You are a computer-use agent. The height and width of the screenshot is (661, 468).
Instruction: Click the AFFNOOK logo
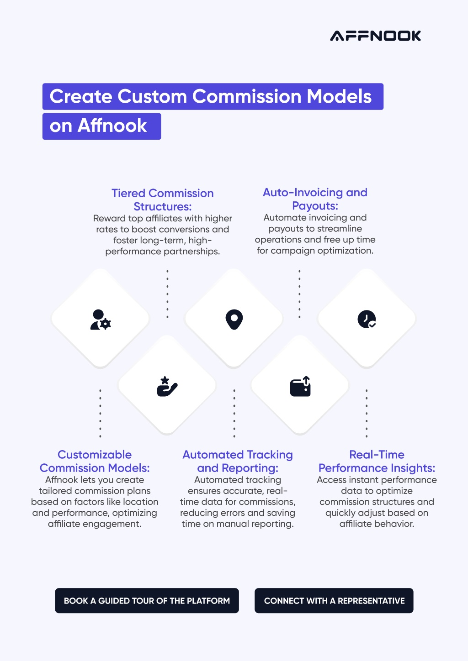click(x=375, y=36)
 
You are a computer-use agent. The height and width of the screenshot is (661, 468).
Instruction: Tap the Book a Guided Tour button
click(x=147, y=600)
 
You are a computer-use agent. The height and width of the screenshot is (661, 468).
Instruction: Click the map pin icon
click(x=234, y=319)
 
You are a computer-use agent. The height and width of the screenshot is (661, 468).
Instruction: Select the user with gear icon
click(x=101, y=320)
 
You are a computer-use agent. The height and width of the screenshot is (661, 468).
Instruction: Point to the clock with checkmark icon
click(x=367, y=319)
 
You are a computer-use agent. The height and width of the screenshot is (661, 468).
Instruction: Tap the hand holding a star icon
click(x=167, y=386)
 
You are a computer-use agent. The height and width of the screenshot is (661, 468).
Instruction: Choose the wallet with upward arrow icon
click(x=300, y=386)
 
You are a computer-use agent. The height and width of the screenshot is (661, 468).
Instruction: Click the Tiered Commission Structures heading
click(x=163, y=200)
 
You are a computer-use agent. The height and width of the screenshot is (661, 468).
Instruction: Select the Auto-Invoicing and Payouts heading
click(x=315, y=199)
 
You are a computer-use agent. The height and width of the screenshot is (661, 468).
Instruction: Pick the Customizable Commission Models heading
click(x=95, y=461)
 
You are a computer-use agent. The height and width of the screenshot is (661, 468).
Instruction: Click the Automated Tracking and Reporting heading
click(x=238, y=461)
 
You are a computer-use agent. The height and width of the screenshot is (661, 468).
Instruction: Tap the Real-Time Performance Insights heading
click(x=377, y=461)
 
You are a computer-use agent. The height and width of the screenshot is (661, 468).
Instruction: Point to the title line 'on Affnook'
click(x=98, y=126)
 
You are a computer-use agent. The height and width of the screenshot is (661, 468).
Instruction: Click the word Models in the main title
click(x=339, y=96)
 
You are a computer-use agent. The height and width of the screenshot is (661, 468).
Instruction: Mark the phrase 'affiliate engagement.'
click(x=95, y=524)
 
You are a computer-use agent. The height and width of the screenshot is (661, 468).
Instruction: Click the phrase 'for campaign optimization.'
click(x=315, y=251)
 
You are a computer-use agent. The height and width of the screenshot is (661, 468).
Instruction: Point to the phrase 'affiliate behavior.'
click(x=377, y=524)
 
